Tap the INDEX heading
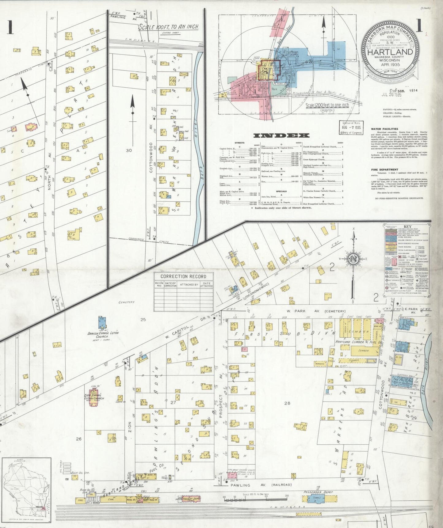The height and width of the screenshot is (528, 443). pos(281,135)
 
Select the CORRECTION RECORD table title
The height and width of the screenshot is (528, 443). pos(183,276)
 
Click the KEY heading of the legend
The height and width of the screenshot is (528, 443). pos(407,227)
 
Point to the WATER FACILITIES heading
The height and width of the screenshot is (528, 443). pos(384,129)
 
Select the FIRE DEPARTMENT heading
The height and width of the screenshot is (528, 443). pos(384,169)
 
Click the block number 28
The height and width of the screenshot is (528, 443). pos(287,403)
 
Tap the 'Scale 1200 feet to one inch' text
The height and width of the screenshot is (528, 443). pos(327,105)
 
